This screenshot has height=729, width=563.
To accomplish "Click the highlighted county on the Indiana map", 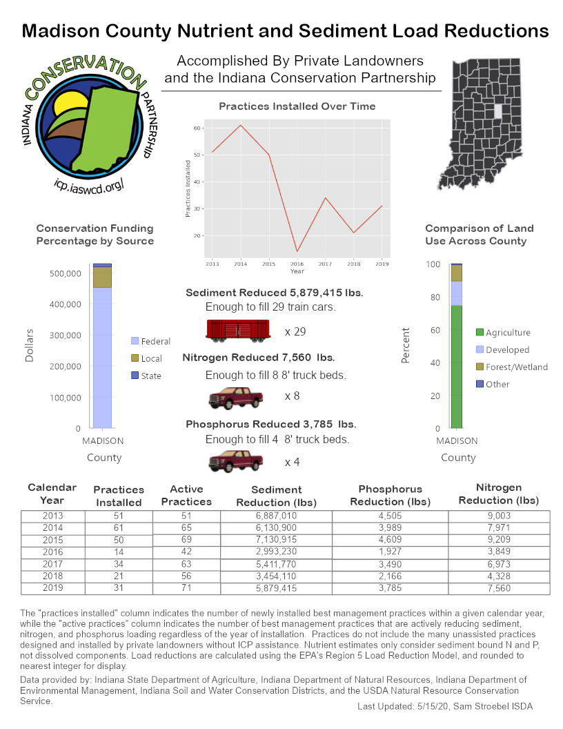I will coord(498,110).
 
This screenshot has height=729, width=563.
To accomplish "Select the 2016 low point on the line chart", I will coord(297,251).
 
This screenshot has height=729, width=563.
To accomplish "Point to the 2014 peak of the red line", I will coord(240,125).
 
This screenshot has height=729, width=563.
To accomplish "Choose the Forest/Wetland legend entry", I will coord(516,367).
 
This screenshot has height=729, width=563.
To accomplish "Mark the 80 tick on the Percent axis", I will coord(433,298).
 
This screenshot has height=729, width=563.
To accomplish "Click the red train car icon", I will coord(237,330).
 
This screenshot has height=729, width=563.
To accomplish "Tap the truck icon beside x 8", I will coord(235,398).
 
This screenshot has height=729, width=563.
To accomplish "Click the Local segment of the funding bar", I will coord(102,277).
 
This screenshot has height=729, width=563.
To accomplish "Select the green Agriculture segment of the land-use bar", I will coord(456,366).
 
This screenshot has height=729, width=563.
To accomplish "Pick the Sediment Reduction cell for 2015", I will coord(276,540).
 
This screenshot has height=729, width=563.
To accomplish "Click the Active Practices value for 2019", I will coord(186,588).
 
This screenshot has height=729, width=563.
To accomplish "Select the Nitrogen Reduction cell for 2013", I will coord(498,515).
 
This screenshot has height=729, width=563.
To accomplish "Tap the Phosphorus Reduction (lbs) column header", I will coord(390,495).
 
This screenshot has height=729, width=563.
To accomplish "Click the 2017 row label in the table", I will coord(52,564).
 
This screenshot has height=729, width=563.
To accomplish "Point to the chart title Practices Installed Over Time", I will coord(297,106).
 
